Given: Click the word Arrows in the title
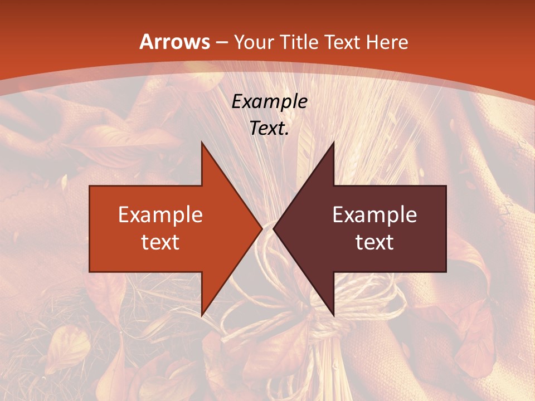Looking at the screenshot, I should pos(174,42).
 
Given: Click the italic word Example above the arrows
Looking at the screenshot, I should pos(269,101).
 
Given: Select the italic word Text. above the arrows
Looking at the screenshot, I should pos(269,129).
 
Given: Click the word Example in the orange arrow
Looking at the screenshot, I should pos(160,214).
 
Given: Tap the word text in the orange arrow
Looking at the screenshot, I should pos(160,242).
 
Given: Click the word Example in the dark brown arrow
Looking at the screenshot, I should pos(374,214).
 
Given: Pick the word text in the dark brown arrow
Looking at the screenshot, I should pos(374,242).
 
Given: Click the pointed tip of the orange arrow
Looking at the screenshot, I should pos(261,228).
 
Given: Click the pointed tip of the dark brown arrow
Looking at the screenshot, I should pos(274,228).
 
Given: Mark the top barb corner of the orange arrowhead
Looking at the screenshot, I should pos(202,141).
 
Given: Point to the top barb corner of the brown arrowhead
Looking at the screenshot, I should pos(333,141).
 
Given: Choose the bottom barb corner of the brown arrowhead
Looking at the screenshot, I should pos(333,316).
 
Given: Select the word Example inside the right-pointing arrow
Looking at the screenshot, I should pos(160,214).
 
